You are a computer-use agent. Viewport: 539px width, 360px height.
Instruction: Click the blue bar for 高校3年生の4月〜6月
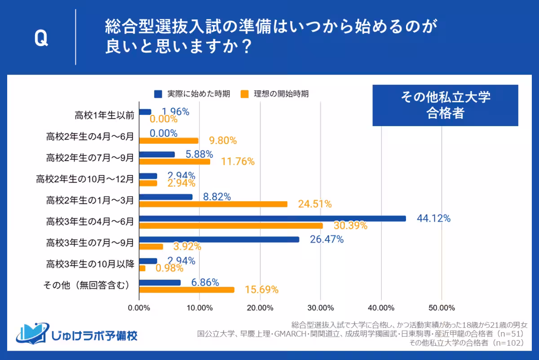click(x=273, y=219)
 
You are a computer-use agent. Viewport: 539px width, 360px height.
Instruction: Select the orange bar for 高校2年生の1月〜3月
click(x=213, y=204)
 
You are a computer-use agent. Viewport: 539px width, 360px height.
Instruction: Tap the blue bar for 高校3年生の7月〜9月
click(x=219, y=240)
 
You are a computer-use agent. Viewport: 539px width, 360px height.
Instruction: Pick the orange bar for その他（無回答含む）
click(x=187, y=290)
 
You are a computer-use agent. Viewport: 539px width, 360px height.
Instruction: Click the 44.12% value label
click(x=433, y=219)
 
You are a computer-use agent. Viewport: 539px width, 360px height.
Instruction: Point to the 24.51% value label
click(x=314, y=205)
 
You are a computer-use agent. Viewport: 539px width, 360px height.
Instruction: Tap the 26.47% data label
click(x=327, y=240)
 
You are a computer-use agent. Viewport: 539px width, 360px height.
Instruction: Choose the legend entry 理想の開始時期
click(x=274, y=94)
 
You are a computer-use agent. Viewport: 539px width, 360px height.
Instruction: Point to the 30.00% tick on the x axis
click(x=320, y=308)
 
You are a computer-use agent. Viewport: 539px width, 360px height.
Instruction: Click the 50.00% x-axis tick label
click(x=441, y=308)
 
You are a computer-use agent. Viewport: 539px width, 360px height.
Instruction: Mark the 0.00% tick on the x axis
click(x=139, y=308)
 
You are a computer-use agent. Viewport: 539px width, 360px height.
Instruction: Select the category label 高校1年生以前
click(x=104, y=115)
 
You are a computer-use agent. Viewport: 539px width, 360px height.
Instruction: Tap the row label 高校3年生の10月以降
click(x=90, y=264)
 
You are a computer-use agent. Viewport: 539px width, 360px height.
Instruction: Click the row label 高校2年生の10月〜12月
click(x=85, y=179)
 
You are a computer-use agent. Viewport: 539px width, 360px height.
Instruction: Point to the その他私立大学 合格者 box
click(x=445, y=105)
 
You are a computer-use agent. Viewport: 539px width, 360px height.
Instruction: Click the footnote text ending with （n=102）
click(x=467, y=343)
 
